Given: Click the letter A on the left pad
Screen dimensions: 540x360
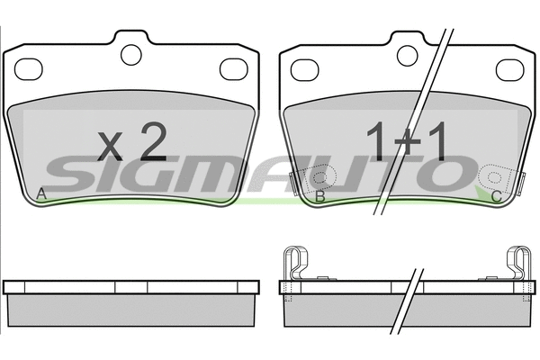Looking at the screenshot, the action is coord(41,194).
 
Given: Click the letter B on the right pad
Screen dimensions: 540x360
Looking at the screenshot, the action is coord(320,196).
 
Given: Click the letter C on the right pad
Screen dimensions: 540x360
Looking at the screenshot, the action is coord(496,197).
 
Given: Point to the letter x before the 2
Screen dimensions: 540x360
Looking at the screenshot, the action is coord(110,147).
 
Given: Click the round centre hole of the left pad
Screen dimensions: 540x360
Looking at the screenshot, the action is coord(131,55).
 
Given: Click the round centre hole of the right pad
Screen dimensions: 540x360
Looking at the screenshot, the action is coord(408,56).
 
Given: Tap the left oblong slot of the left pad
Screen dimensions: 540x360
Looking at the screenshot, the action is coord(28,69).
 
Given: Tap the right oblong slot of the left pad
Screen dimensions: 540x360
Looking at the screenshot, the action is coord(234,69).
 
